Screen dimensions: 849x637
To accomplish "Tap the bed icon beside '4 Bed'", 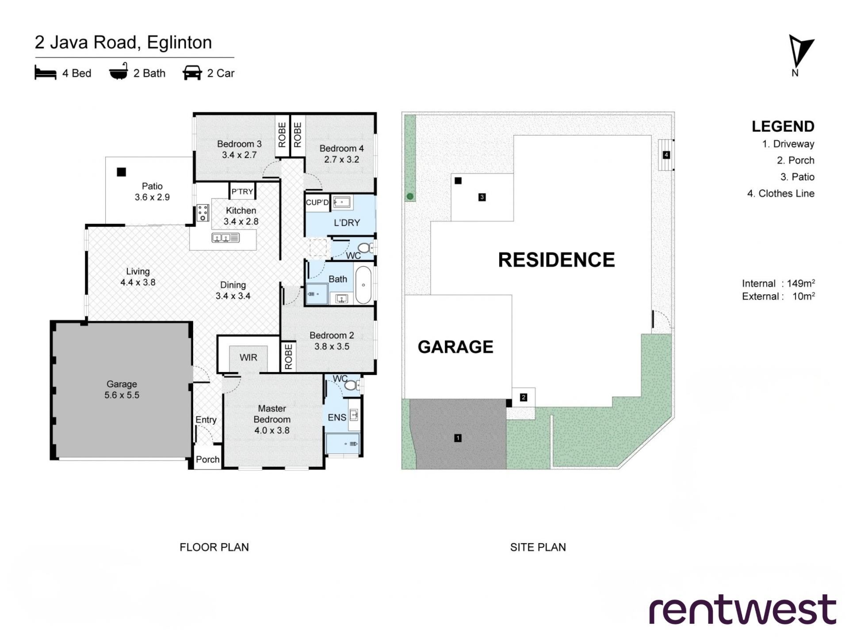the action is coord(46,73).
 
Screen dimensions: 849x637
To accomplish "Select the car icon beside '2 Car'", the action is coord(192,73).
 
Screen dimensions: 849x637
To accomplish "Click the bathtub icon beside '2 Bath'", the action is coord(119,72).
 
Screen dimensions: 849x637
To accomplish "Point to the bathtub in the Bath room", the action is coord(363,285).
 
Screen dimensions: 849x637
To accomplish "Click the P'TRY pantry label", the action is coord(242,192).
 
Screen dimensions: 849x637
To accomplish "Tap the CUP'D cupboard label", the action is coord(317,203).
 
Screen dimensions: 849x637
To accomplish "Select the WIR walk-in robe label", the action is coord(248,357).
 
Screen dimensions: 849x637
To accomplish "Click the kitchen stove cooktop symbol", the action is coord(203,213).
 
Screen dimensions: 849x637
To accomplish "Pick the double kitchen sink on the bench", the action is coord(226,238).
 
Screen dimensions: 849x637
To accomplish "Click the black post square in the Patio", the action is coord(121,172).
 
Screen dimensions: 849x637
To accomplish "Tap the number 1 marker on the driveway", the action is coord(458,438).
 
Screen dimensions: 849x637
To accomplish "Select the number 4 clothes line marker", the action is coord(666,155).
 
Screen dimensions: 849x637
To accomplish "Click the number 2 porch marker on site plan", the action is coord(524,397).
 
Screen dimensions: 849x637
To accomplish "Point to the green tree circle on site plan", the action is coord(410,196).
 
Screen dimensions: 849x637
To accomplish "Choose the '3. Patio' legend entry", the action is coord(797,177).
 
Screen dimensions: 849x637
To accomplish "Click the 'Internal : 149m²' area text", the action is coord(778,283).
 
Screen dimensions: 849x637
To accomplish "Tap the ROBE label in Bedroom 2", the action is coord(289,357).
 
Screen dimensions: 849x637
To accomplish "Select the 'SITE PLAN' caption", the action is coord(538,547).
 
